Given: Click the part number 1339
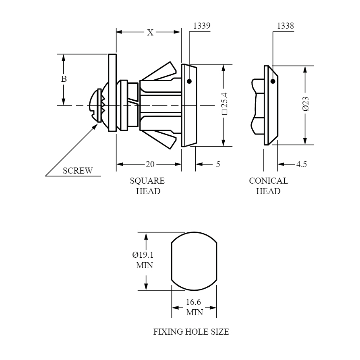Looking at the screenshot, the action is pos(202,26).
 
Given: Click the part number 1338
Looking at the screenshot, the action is pos(285,26).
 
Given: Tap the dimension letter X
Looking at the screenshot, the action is pos(150,33).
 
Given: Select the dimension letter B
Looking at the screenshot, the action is pos(64,79).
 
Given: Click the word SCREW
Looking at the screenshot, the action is pos(78,171).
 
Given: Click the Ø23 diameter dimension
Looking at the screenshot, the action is pos(306,104).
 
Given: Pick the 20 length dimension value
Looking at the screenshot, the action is pos(150,164).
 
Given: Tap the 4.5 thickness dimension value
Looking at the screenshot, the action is pos(302,164).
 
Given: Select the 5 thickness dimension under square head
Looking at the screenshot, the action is pos(218,164).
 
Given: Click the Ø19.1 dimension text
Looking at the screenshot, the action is pos(143,255).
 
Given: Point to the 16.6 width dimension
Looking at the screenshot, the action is pos(193,302).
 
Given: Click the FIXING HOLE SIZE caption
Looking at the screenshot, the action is pos(191,332).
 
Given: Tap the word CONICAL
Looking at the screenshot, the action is pos(269,181).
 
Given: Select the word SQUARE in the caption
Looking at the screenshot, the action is pos(147,181).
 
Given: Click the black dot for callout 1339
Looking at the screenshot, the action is pos(189,81).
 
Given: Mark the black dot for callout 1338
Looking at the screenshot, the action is pos(273,81).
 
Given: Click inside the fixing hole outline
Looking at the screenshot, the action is pos(194,261).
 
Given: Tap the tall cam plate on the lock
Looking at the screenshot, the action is pos(112,93).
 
